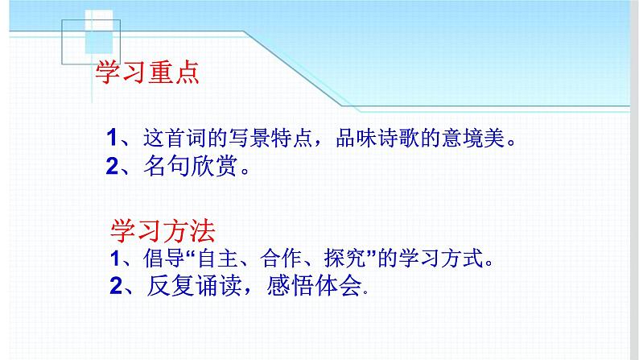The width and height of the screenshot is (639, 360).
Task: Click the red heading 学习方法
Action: click(x=162, y=233)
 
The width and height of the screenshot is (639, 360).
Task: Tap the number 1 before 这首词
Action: click(x=113, y=137)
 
